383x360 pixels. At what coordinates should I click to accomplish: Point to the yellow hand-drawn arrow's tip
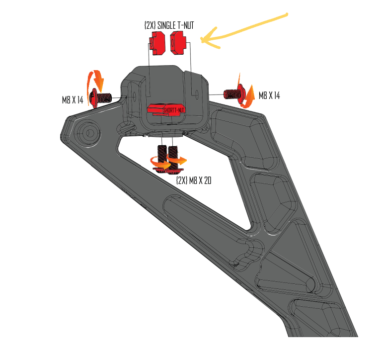point(202,40)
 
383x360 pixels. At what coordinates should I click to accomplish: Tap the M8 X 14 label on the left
point(72,99)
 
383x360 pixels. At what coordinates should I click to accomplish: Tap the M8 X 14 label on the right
point(269,95)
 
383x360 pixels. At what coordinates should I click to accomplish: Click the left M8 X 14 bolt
point(103,97)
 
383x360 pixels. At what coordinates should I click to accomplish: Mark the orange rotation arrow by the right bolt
point(248,94)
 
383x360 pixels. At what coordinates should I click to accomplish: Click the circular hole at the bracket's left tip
point(90,132)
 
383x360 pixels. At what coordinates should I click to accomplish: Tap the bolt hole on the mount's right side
point(198,93)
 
